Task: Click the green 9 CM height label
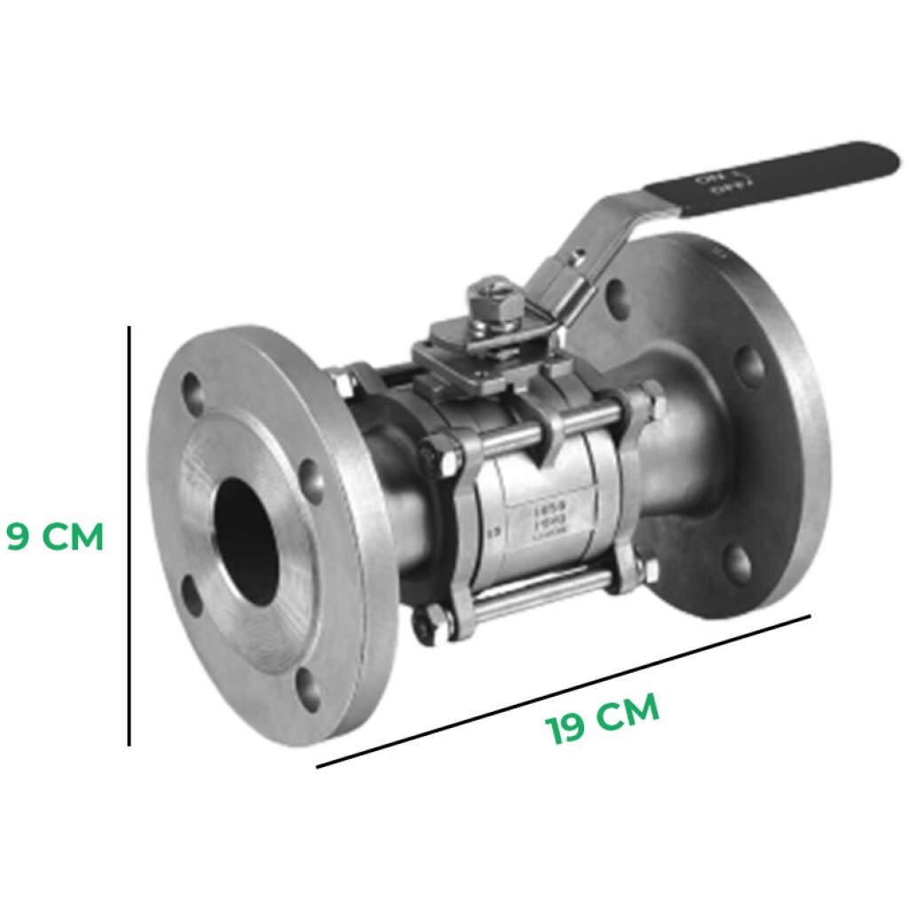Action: tap(56, 536)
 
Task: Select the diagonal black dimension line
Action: tap(564, 690)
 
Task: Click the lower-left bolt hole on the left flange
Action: tap(192, 596)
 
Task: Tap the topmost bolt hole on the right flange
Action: tap(619, 299)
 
